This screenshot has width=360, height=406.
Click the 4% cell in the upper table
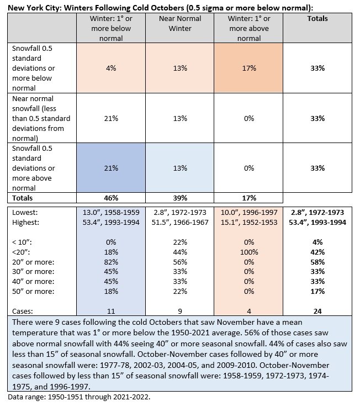111,68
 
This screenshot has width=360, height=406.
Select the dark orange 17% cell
248,68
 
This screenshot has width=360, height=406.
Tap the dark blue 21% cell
111,168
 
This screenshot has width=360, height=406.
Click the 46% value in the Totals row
111,198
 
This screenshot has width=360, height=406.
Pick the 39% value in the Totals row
180,198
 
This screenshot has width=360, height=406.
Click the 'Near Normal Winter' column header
180,23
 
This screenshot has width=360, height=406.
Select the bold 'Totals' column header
317,18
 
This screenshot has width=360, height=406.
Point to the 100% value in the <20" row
249,252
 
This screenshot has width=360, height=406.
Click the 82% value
111,262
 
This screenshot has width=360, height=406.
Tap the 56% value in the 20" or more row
180,262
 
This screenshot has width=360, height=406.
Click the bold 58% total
317,262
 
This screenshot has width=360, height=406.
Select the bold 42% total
317,252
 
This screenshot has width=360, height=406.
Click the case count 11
111,311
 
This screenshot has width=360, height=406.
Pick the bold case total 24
317,311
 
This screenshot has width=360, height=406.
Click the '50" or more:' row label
33,291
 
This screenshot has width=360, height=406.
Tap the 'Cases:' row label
23,311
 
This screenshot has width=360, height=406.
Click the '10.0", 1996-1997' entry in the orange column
249,212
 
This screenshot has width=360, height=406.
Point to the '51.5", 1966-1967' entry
180,222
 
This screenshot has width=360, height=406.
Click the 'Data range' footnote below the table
79,397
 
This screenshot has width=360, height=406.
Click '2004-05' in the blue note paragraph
181,365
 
